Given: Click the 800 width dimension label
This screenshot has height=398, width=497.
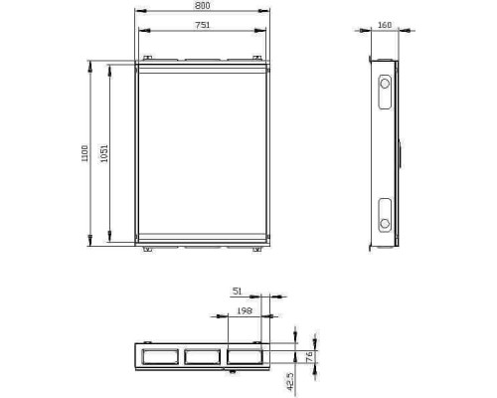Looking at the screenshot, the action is pyautogui.click(x=202, y=6).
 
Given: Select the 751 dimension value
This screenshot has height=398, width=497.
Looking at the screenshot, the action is pyautogui.click(x=202, y=25).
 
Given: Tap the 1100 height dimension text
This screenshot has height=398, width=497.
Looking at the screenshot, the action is pyautogui.click(x=84, y=153).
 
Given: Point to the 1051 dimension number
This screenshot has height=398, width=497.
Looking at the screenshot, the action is pyautogui.click(x=104, y=153).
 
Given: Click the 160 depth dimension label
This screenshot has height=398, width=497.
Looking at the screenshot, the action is pyautogui.click(x=385, y=25).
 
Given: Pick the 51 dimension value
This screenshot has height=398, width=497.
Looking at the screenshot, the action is pyautogui.click(x=238, y=292).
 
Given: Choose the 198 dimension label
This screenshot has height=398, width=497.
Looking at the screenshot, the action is pyautogui.click(x=245, y=310).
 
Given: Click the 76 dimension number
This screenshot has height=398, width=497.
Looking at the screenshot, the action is pyautogui.click(x=309, y=357).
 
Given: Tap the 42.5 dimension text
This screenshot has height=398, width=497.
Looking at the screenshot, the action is pyautogui.click(x=290, y=381).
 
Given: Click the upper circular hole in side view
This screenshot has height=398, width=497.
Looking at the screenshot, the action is pyautogui.click(x=385, y=84).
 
